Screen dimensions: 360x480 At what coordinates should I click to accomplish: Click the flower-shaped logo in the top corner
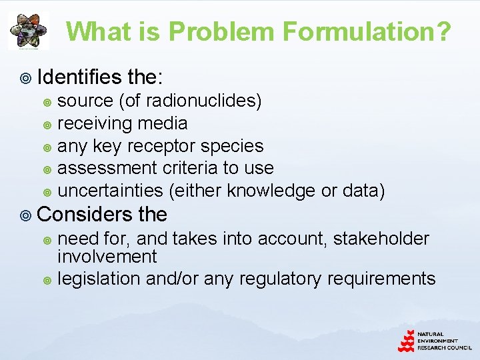coord(28,31)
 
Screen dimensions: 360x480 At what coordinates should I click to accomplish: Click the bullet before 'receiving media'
coord(47,124)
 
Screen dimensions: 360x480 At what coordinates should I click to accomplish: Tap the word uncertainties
coord(110,191)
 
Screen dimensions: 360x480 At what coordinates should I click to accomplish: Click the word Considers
coord(85,214)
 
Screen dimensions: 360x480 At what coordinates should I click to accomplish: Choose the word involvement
coord(107,256)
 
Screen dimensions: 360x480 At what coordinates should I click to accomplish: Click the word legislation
coord(99,279)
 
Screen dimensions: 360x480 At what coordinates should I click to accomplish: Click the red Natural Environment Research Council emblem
coord(406,341)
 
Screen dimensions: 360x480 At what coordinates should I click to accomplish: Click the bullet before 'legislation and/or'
coord(47,280)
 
